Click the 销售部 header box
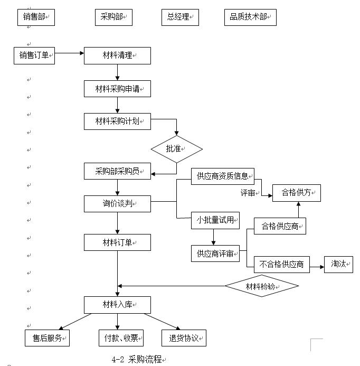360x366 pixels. click(x=36, y=17)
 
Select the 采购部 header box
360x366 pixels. click(x=113, y=17)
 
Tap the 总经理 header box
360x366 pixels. click(x=180, y=17)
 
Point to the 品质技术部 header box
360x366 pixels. click(x=250, y=17)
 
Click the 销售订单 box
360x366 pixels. click(x=34, y=55)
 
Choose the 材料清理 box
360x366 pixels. click(x=117, y=55)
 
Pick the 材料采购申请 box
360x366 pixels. click(x=117, y=88)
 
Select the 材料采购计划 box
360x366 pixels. click(x=117, y=121)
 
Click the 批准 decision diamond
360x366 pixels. click(x=176, y=149)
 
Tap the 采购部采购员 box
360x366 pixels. click(x=117, y=171)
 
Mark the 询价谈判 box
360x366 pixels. click(x=117, y=203)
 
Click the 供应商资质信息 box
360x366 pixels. click(x=222, y=176)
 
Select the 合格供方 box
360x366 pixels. click(x=296, y=193)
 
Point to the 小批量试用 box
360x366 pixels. click(x=215, y=220)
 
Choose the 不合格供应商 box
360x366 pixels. click(x=281, y=265)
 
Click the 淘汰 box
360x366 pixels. click(x=338, y=264)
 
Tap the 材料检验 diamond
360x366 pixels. click(x=262, y=286)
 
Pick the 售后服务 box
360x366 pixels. click(x=48, y=338)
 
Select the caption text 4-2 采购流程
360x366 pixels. click(x=138, y=359)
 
